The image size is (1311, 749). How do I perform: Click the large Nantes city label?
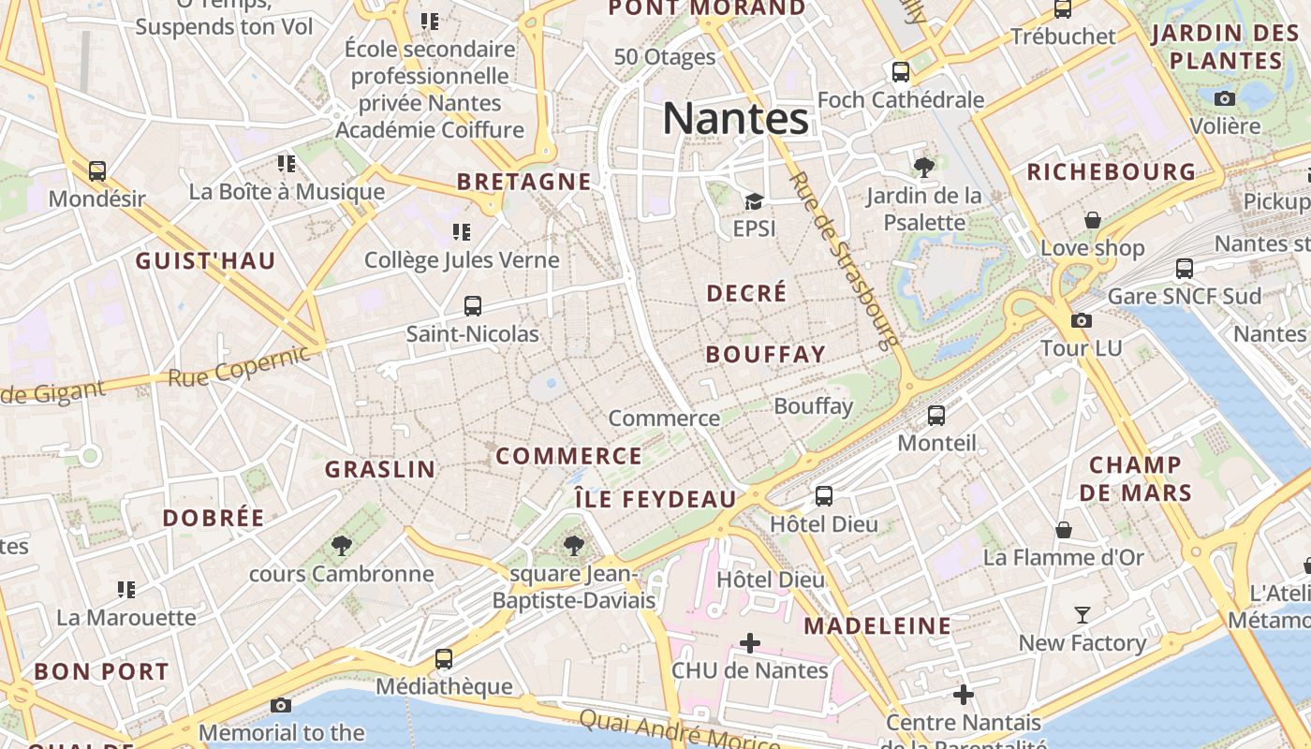pyautogui.click(x=735, y=119)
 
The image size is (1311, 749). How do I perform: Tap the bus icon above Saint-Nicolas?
pyautogui.click(x=473, y=306)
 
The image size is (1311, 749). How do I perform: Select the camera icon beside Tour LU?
pyautogui.click(x=1082, y=320)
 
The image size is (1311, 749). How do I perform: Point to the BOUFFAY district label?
pyautogui.click(x=765, y=354)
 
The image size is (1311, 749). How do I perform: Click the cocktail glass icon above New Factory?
pyautogui.click(x=1083, y=615)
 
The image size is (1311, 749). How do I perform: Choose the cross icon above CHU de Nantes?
pyautogui.click(x=750, y=643)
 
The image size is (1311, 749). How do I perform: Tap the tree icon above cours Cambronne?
pyautogui.click(x=342, y=546)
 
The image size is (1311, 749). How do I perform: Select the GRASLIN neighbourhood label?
pyautogui.click(x=380, y=469)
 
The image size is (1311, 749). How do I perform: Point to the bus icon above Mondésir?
pyautogui.click(x=97, y=171)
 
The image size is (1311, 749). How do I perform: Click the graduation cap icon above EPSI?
pyautogui.click(x=754, y=201)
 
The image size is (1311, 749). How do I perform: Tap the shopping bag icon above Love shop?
pyautogui.click(x=1093, y=220)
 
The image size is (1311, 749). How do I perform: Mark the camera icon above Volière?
pyautogui.click(x=1225, y=98)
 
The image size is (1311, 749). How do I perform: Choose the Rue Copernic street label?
pyautogui.click(x=239, y=367)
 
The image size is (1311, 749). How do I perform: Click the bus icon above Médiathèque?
pyautogui.click(x=444, y=659)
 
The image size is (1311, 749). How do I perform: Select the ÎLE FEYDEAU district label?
pyautogui.click(x=655, y=499)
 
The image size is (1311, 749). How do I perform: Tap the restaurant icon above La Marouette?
pyautogui.click(x=126, y=590)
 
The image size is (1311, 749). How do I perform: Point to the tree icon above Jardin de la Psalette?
pyautogui.click(x=924, y=168)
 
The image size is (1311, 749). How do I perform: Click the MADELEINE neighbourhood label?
pyautogui.click(x=877, y=625)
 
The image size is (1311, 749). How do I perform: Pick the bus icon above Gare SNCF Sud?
pyautogui.click(x=1185, y=269)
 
